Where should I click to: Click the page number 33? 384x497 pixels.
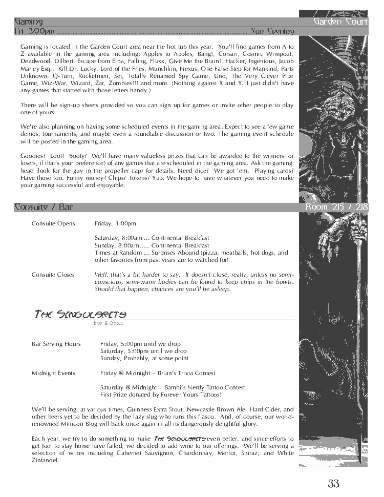[333, 483]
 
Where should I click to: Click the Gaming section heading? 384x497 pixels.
[29, 22]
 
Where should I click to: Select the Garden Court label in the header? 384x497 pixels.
[340, 22]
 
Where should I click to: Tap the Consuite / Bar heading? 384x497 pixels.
[44, 207]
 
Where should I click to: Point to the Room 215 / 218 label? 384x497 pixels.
[336, 207]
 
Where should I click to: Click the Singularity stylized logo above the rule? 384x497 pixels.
[80, 314]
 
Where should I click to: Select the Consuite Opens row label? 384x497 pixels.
[53, 223]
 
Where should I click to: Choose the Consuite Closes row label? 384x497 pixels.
[53, 275]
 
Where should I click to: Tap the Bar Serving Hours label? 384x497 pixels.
[56, 344]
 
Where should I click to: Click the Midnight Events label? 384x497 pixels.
[53, 373]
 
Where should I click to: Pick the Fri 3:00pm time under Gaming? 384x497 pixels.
[34, 31]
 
